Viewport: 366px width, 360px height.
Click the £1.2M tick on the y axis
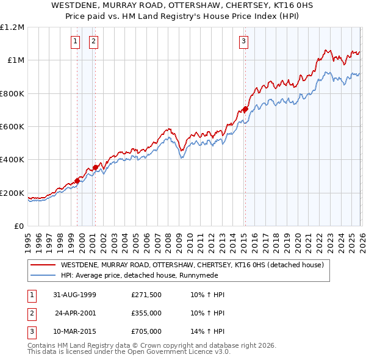coord(12,27)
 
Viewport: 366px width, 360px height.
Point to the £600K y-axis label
coord(13,127)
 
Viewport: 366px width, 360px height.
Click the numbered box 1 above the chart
coord(75,41)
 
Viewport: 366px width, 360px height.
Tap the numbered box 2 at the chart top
coord(93,41)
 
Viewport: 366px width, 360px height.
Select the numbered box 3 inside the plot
coord(243,41)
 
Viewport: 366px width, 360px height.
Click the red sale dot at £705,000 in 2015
coord(245,109)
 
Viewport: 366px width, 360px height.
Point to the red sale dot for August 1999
coord(77,181)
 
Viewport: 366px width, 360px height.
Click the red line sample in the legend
coord(43,265)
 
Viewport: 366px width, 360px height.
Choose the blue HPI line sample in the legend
coord(43,275)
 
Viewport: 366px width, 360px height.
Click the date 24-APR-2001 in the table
coord(76,313)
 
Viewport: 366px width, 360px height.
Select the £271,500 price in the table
coord(146,295)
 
